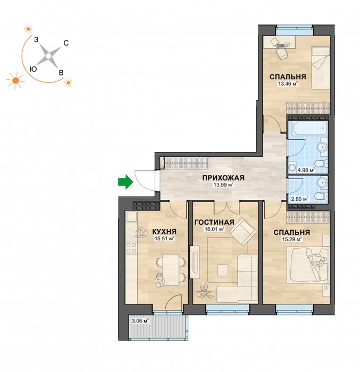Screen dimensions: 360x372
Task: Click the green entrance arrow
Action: pyautogui.click(x=126, y=182)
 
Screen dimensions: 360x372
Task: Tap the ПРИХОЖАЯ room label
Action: pyautogui.click(x=223, y=178)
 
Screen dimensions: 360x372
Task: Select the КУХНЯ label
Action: pyautogui.click(x=164, y=231)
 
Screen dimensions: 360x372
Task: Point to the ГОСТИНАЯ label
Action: pyautogui.click(x=214, y=222)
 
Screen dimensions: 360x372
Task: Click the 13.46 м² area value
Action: pyautogui.click(x=288, y=83)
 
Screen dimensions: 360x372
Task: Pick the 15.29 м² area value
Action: pyautogui.click(x=291, y=239)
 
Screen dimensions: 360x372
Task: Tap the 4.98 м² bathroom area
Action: pyautogui.click(x=306, y=170)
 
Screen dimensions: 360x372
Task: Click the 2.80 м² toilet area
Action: pyautogui.click(x=300, y=199)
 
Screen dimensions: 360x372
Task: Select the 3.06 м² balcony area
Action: pyautogui.click(x=140, y=321)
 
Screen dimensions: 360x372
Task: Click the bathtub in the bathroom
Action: pyautogui.click(x=308, y=130)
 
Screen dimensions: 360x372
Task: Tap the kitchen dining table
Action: pyautogui.click(x=171, y=269)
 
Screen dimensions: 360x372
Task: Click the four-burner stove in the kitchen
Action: pyautogui.click(x=131, y=248)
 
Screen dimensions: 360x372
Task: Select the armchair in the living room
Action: pyautogui.click(x=243, y=231)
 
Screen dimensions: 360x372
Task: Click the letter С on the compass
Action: pyautogui.click(x=66, y=43)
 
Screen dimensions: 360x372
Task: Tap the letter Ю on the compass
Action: pyautogui.click(x=34, y=69)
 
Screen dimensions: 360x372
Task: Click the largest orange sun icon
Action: pyautogui.click(x=15, y=80)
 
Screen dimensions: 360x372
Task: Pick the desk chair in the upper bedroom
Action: pyautogui.click(x=282, y=53)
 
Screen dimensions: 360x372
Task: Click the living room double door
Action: pyautogui.click(x=227, y=207)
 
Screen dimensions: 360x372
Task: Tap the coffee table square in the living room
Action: pyautogui.click(x=223, y=270)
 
